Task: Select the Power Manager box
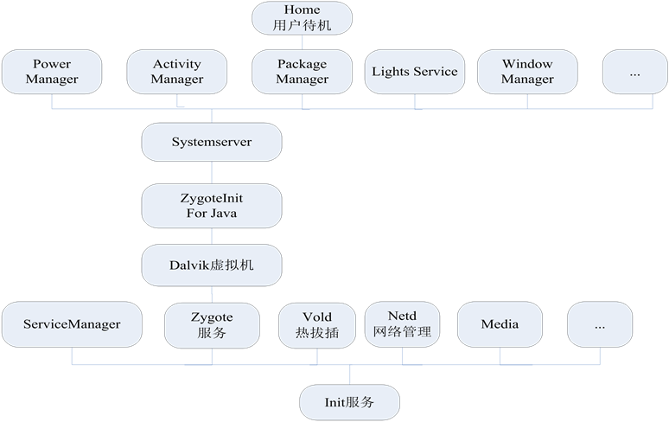[52, 71]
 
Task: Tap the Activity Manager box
[177, 71]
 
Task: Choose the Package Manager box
[302, 71]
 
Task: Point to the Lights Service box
[415, 71]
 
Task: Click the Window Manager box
[527, 71]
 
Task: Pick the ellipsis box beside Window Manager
[634, 72]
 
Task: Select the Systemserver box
[212, 142]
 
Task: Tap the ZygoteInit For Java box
[212, 205]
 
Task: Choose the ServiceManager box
[72, 324]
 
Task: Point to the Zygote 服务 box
[212, 324]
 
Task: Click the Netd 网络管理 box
[402, 323]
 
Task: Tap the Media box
[500, 324]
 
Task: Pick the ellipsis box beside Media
[600, 324]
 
